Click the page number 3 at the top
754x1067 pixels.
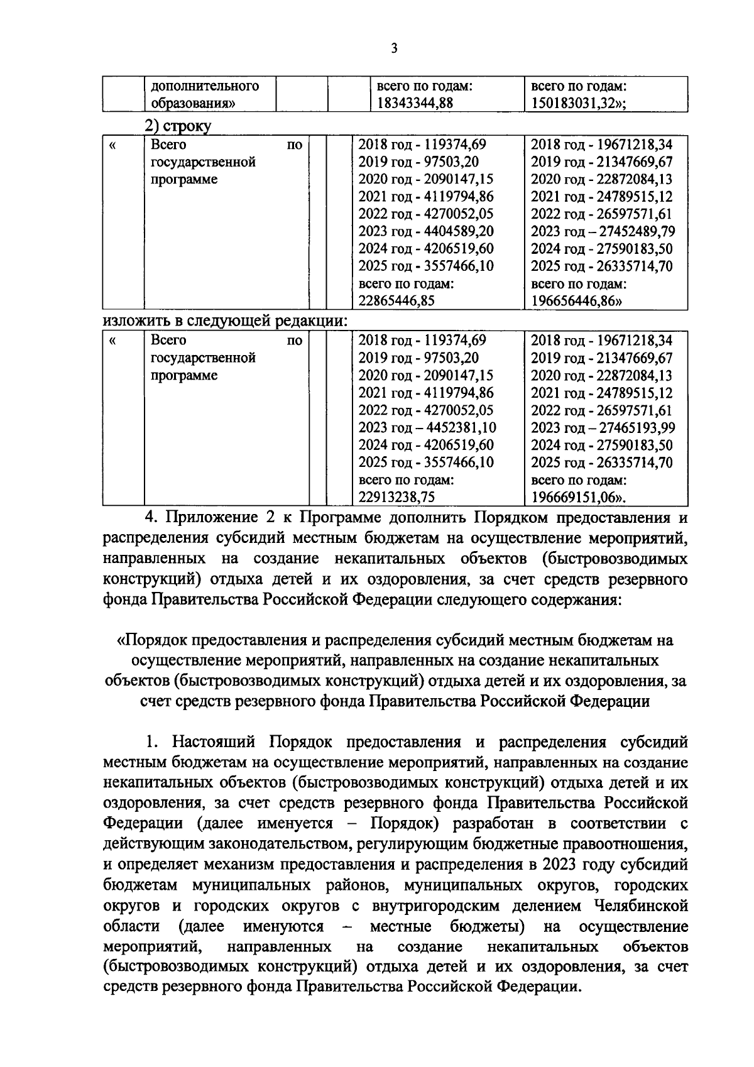(x=393, y=48)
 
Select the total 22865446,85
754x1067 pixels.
(x=396, y=301)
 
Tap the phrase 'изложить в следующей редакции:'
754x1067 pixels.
(x=224, y=320)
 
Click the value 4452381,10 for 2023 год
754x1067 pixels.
(x=457, y=428)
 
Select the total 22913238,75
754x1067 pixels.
(x=396, y=498)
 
